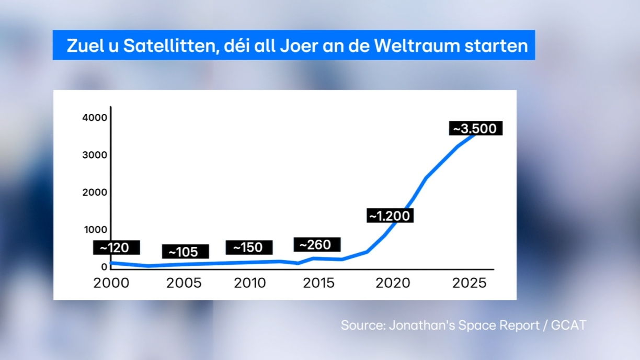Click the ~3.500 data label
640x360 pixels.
(x=475, y=129)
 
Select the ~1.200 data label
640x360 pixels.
(x=390, y=216)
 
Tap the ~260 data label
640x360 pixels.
(x=317, y=244)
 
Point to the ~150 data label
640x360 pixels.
(x=249, y=248)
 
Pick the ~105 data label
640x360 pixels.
(x=185, y=252)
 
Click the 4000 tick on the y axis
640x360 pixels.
(x=95, y=118)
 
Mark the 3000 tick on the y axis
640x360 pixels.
(x=95, y=155)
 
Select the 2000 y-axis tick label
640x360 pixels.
(x=95, y=192)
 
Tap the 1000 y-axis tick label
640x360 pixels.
(x=95, y=229)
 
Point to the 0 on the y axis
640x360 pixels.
(x=104, y=267)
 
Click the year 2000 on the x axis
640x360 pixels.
(x=111, y=283)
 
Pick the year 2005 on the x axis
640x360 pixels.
(x=184, y=283)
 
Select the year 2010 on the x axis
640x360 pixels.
(x=250, y=283)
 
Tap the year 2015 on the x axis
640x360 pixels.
(x=318, y=283)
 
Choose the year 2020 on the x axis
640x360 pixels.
(x=393, y=283)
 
